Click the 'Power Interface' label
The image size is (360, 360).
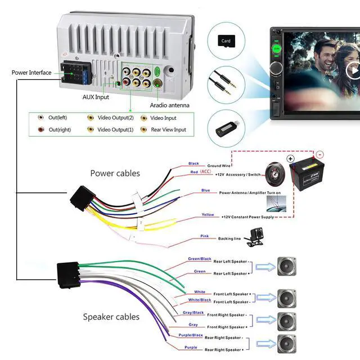point(31,73)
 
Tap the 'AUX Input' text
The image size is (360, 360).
point(96,97)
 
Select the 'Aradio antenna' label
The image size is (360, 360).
point(169,105)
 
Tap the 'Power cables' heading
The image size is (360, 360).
point(115,173)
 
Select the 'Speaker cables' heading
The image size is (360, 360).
point(111,317)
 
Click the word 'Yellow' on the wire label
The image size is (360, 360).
point(208,214)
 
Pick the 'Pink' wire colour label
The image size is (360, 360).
point(204,236)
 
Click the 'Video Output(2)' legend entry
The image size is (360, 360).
point(115,118)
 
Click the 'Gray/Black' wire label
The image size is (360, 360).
point(193,313)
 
